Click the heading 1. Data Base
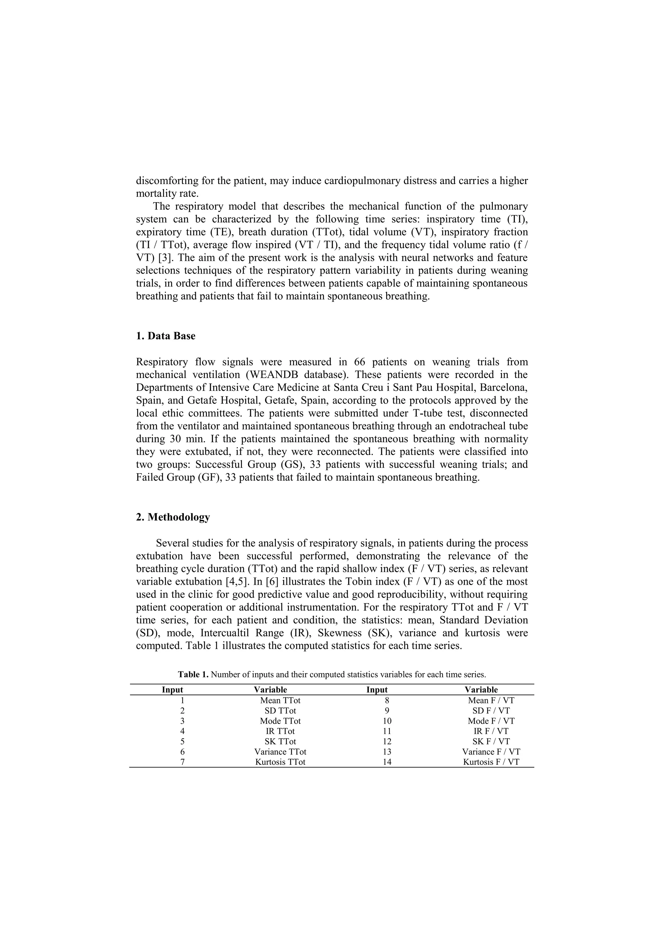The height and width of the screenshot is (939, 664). pos(166,336)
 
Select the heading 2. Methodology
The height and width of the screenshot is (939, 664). pos(173,517)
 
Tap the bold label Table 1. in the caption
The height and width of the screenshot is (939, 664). pos(193,675)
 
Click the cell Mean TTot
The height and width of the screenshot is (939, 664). pos(280,700)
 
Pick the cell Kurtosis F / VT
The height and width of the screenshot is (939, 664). pos(491,762)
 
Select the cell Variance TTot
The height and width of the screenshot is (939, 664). pos(280,752)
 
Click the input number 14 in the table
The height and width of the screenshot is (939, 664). pos(387,762)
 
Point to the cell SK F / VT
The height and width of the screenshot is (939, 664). pos(491,742)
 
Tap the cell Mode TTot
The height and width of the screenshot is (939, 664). pos(280,721)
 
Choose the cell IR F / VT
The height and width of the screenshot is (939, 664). pos(491,731)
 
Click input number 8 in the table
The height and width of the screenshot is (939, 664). pos(387,700)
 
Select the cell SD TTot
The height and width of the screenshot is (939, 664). pos(280,711)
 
